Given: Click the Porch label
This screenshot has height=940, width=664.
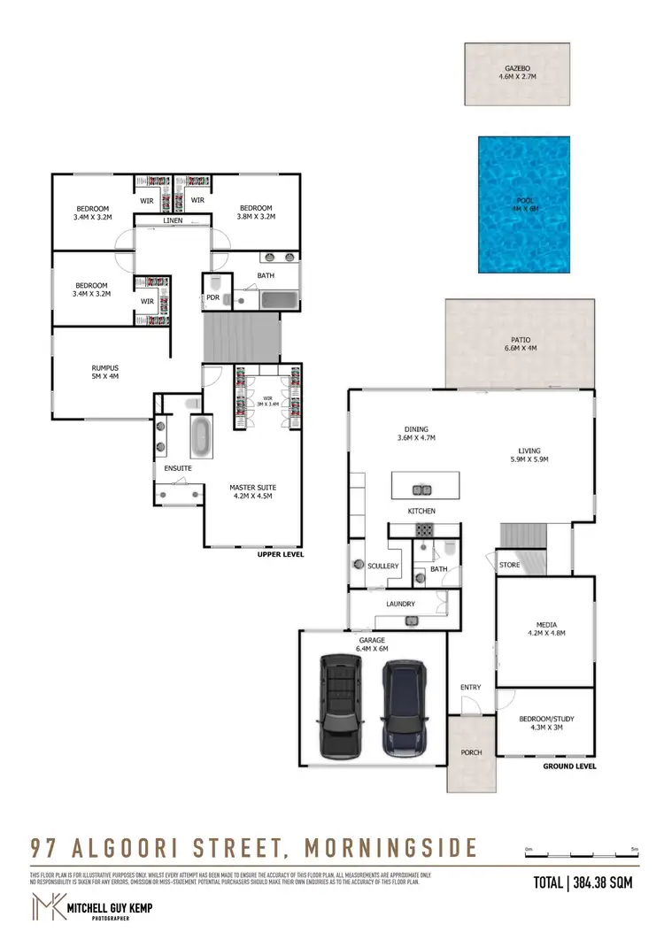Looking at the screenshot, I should point(471,753).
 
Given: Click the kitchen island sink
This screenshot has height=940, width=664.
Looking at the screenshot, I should point(421,489).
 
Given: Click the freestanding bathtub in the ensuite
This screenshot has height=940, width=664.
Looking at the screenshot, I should point(202,436).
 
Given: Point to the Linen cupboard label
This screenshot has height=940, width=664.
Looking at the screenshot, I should point(174,220).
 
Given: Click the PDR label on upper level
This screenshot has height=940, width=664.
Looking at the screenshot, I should point(212,298).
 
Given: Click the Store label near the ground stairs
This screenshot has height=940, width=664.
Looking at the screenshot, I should point(510,565).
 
